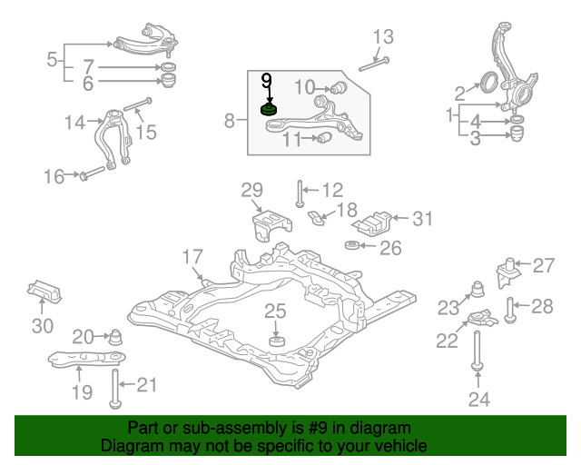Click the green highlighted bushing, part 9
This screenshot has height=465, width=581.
[270, 110]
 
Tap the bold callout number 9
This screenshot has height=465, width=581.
[266, 81]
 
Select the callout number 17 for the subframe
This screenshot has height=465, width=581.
[192, 257]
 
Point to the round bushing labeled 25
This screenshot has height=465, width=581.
[277, 341]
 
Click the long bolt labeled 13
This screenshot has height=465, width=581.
[374, 64]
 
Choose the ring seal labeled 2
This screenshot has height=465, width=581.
[488, 83]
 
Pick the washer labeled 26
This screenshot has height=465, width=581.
[352, 245]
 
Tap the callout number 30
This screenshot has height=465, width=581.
[43, 325]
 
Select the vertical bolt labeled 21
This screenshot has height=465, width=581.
[115, 389]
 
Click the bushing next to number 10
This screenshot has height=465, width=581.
[338, 87]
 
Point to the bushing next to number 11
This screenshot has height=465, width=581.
[325, 137]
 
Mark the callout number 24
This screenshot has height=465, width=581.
[479, 400]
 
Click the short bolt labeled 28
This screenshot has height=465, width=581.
[510, 310]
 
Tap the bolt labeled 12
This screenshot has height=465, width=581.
[300, 193]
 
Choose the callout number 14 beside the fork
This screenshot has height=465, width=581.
[74, 123]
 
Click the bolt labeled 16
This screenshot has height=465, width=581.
[93, 173]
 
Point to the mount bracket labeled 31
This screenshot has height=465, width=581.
[372, 223]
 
